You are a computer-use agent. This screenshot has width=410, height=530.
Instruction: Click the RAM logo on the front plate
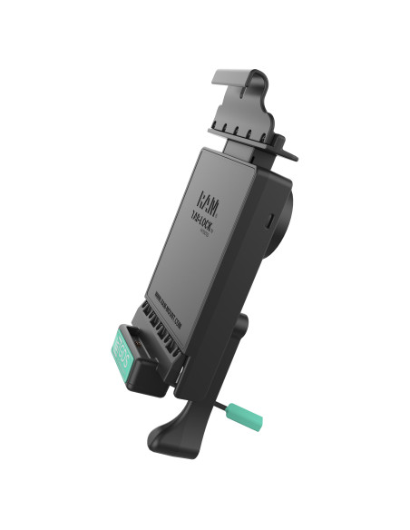(208, 198)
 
